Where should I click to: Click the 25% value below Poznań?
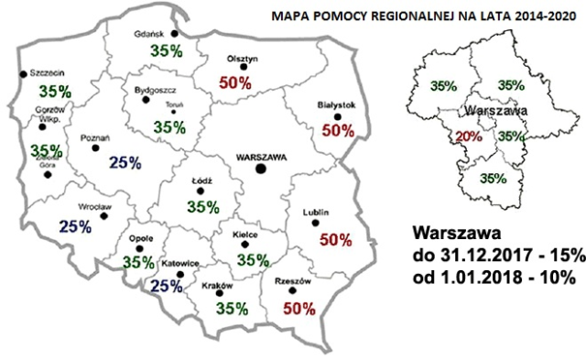(124, 163)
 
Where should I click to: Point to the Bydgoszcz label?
(151, 92)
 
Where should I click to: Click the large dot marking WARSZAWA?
(261, 169)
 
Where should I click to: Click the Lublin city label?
(314, 214)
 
